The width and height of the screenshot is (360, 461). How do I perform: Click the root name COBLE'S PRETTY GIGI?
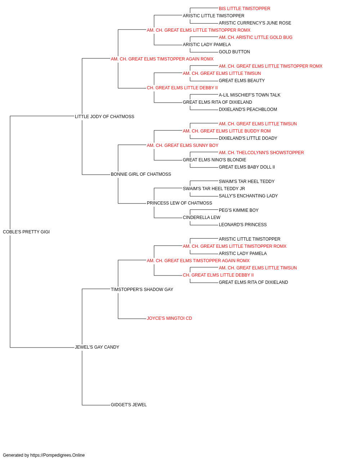pos(26,232)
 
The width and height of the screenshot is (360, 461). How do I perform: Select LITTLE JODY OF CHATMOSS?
pos(104,117)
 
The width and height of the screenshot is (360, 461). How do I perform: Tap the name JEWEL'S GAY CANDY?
pos(97,347)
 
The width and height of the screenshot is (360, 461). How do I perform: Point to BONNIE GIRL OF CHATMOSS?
pos(141,174)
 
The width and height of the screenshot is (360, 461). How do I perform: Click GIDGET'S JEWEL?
pos(129,405)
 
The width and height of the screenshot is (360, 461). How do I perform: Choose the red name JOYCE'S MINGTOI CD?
pos(170,318)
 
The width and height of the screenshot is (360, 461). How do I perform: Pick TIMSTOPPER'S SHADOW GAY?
pos(142,289)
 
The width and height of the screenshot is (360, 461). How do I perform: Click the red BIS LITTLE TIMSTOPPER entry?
pos(244,9)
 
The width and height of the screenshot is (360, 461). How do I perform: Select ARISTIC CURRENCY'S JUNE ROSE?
pos(255,23)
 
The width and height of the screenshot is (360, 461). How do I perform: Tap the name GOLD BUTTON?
pos(234,52)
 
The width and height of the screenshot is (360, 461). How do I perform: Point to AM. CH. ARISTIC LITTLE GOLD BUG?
pos(256,37)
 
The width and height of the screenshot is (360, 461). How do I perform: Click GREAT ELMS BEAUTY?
pos(242,81)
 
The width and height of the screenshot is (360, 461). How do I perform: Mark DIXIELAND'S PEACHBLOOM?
pos(248,109)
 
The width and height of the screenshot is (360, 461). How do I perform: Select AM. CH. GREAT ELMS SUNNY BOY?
pos(183,145)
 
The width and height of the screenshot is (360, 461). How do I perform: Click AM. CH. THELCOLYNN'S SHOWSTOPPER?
pos(261,153)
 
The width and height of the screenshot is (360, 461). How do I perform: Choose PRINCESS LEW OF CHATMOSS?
pos(179,203)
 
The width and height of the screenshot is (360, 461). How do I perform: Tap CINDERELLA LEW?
pos(202,218)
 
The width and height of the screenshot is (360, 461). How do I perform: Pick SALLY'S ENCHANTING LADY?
pos(248,196)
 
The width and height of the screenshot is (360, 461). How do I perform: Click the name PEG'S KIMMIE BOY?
pos(239,210)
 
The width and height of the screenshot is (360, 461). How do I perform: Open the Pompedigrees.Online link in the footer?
pos(58,455)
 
